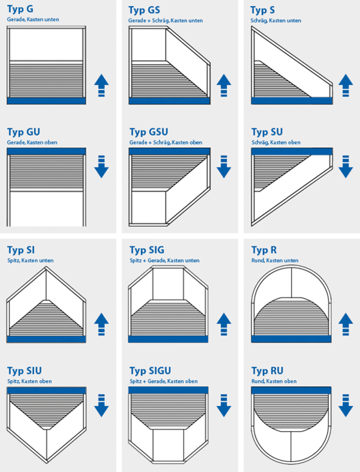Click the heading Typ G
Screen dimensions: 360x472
click(20, 9)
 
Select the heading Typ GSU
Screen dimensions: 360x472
click(149, 132)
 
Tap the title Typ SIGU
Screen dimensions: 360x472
click(150, 371)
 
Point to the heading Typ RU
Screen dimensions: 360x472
click(267, 371)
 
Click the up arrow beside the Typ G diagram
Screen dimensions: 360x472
click(101, 85)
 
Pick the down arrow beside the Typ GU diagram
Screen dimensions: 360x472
click(101, 166)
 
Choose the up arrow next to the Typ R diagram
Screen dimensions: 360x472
click(346, 324)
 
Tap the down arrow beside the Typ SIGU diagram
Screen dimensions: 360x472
click(224, 405)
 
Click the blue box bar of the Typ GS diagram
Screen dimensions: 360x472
click(170, 101)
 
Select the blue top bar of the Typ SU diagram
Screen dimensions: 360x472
click(292, 151)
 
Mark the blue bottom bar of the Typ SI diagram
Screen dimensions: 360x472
click(46, 339)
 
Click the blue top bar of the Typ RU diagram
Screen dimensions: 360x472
click(291, 390)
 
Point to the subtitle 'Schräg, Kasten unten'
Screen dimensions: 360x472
click(276, 20)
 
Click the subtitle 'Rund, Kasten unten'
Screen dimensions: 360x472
click(275, 261)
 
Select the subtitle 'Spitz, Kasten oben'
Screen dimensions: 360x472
click(29, 381)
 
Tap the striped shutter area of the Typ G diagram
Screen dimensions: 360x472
click(46, 79)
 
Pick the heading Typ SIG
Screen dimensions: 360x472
click(147, 250)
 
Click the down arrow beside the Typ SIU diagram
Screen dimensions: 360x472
click(101, 405)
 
